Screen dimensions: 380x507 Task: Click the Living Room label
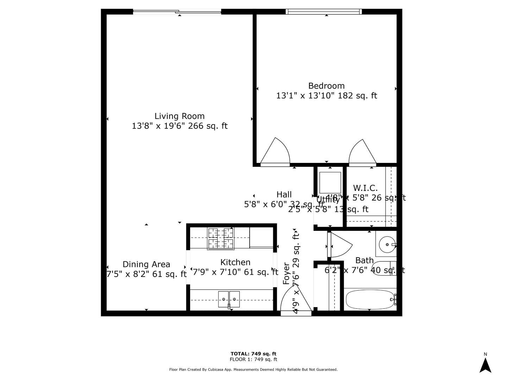[179, 116]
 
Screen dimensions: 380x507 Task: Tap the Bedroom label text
[326, 86]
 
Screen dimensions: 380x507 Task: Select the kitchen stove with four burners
[221, 239]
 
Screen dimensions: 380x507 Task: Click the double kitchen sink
[229, 299]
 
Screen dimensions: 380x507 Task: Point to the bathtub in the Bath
[370, 299]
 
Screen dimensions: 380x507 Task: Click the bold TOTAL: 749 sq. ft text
[253, 354]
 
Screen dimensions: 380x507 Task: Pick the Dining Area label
[146, 265]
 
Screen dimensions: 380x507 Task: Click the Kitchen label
[235, 262]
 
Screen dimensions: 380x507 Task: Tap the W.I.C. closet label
[365, 188]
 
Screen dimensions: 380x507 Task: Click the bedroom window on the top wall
[324, 12]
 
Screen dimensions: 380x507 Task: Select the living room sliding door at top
[177, 12]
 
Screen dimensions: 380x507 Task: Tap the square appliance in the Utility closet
[330, 182]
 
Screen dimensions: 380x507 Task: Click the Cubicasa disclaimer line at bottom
[253, 369]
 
